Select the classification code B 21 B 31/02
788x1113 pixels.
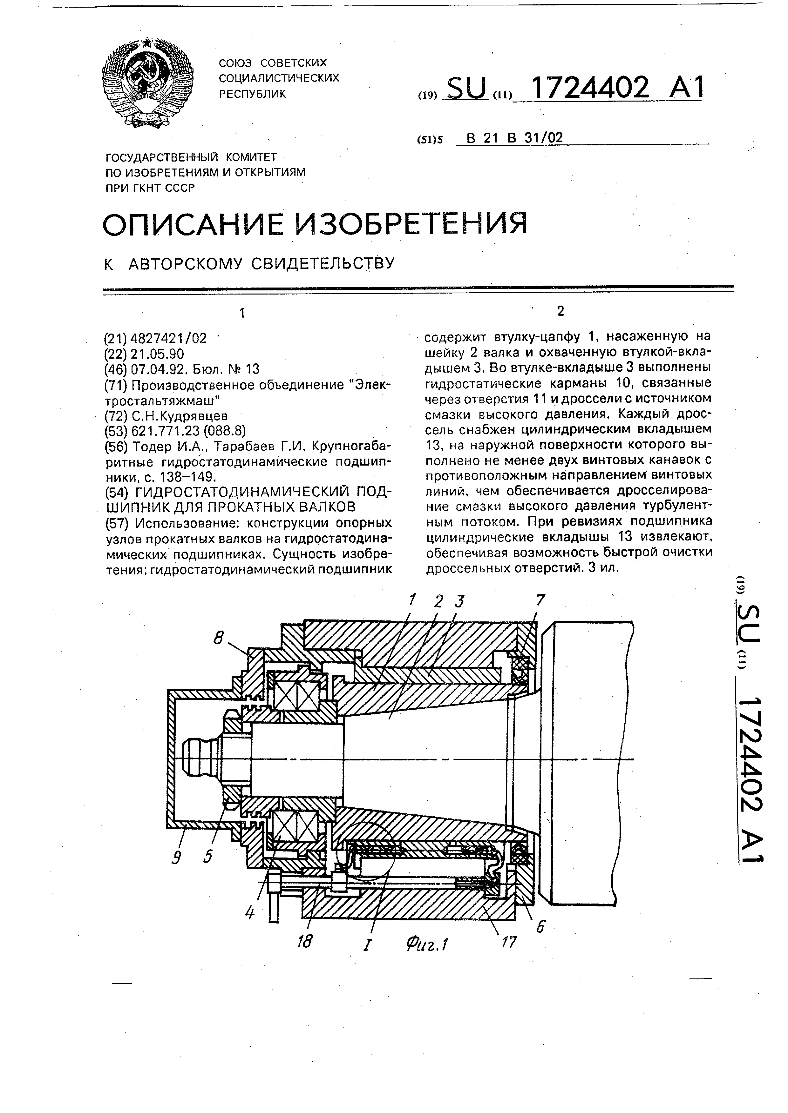click(514, 138)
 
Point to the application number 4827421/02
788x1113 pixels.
click(168, 338)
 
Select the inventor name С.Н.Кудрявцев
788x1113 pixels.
click(180, 415)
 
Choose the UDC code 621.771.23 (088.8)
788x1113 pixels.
click(189, 431)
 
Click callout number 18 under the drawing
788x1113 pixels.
click(305, 941)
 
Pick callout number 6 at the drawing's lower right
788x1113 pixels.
click(540, 926)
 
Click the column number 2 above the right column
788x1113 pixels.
click(561, 311)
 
